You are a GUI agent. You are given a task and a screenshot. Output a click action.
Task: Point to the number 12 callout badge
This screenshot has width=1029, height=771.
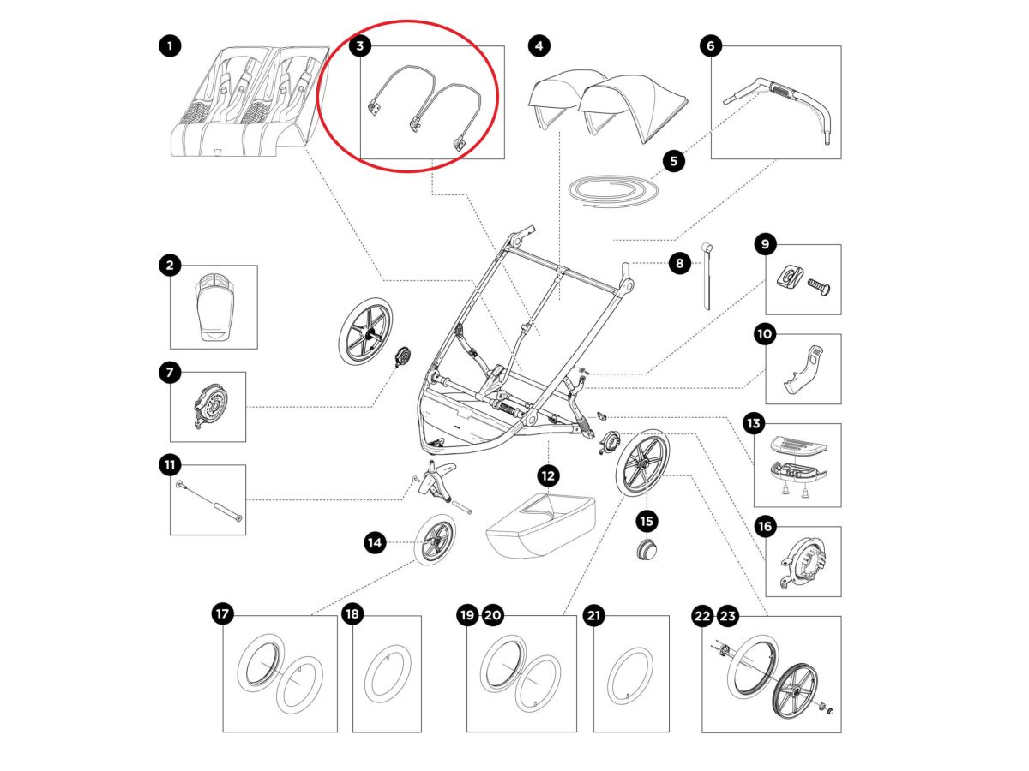coord(548,475)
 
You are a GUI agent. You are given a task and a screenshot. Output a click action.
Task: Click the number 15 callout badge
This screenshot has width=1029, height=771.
coord(647,520)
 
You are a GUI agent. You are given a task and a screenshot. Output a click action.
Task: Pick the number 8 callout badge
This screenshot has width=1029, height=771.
coord(679,264)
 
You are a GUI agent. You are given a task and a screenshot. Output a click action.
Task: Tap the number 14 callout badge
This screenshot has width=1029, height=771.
coord(374,541)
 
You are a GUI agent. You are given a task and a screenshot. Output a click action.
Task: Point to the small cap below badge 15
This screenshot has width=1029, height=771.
coord(646,550)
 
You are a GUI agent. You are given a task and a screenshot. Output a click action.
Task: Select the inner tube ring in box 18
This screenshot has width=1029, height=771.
coord(387,674)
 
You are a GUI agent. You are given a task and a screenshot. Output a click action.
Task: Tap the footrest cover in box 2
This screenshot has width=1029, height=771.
coord(214,307)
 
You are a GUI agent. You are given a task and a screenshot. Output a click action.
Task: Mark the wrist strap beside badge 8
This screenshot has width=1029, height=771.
coord(708,276)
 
